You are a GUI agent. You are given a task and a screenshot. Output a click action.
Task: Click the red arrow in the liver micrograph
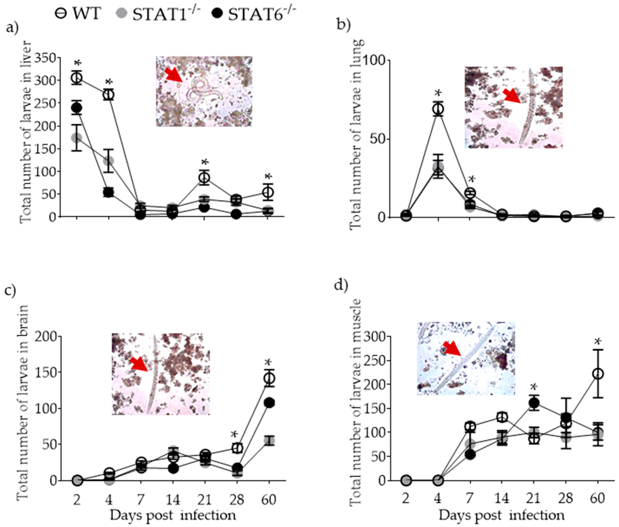[174, 75]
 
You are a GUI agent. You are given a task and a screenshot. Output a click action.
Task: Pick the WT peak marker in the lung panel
[438, 109]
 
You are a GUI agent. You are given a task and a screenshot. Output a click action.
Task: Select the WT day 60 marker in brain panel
[269, 378]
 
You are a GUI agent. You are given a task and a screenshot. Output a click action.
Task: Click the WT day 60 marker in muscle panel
[598, 374]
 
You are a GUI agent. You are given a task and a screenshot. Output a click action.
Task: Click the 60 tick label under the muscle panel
[598, 498]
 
